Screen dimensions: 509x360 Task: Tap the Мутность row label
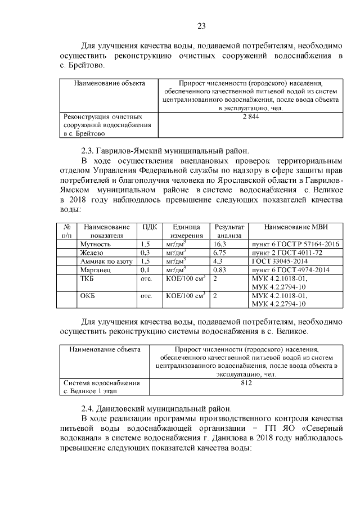pos(96,245)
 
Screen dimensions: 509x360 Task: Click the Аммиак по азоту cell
pos(106,262)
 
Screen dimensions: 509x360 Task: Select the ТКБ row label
pos(87,278)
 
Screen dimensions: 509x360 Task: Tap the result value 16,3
pos(219,245)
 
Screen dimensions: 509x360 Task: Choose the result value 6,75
pos(219,253)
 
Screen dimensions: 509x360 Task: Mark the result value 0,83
pos(219,270)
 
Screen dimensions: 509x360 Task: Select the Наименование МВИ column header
pos(296,227)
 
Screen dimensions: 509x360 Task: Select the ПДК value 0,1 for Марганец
pos(145,270)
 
